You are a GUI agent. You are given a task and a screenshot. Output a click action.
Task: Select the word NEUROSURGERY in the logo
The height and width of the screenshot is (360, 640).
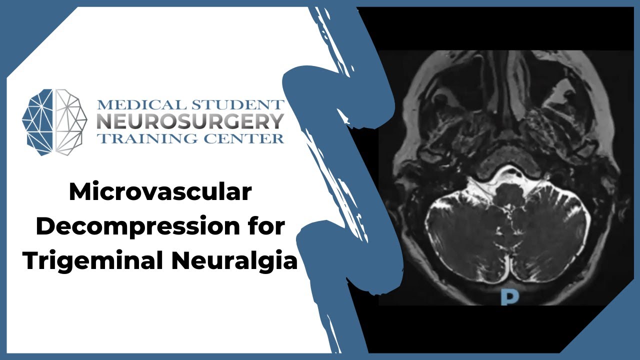click(190, 121)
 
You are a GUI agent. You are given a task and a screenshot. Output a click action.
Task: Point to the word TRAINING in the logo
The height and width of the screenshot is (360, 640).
click(145, 138)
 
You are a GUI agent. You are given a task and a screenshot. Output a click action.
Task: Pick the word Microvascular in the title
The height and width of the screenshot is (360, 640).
click(160, 192)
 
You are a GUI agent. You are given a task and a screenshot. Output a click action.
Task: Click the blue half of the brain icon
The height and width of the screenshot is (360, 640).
click(39, 121)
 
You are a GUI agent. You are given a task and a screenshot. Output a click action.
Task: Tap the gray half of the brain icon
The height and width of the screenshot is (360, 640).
click(70, 121)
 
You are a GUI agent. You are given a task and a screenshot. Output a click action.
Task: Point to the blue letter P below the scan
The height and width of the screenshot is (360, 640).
click(509, 297)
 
